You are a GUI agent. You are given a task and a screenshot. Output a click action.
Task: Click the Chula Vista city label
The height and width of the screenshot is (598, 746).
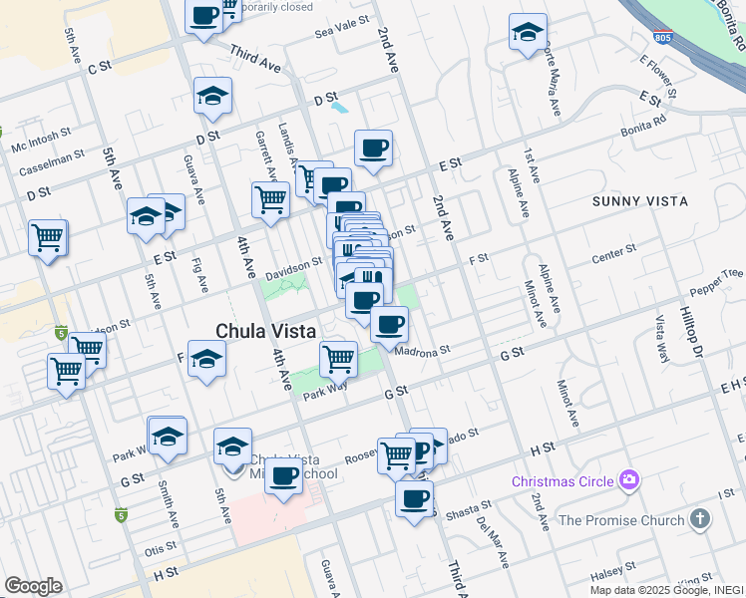pyautogui.click(x=266, y=330)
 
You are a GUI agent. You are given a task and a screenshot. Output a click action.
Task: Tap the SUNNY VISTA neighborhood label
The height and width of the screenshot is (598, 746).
pyautogui.click(x=640, y=201)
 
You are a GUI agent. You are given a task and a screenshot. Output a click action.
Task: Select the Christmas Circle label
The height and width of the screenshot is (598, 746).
pyautogui.click(x=562, y=481)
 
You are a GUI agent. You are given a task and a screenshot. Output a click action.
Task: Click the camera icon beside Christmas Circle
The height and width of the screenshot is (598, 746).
pyautogui.click(x=628, y=481)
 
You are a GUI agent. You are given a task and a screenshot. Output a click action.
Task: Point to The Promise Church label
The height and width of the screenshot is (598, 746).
pyautogui.click(x=620, y=520)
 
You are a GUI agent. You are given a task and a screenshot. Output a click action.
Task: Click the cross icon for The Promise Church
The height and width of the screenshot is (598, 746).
pyautogui.click(x=700, y=519)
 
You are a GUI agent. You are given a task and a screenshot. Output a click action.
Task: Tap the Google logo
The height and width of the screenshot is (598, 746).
pyautogui.click(x=33, y=585)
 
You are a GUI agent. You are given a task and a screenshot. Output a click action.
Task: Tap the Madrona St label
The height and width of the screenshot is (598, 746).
pyautogui.click(x=424, y=350)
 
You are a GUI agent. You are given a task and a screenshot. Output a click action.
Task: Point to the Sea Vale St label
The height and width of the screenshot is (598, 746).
pyautogui.click(x=342, y=28)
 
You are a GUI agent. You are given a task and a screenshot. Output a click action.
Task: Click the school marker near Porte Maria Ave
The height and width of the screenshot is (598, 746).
pyautogui.click(x=528, y=32)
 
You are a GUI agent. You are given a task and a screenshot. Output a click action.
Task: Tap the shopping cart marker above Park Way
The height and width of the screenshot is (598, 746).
pyautogui.click(x=339, y=357)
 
